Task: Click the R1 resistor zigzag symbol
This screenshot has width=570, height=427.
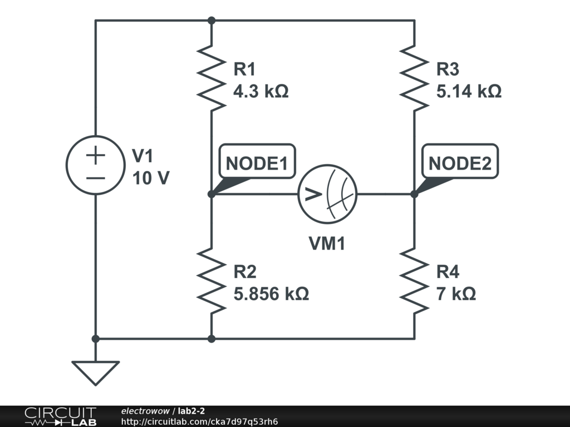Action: pos(211,78)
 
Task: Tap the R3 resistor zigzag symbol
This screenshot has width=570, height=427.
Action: pos(414,78)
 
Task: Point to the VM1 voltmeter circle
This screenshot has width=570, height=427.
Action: pos(327,194)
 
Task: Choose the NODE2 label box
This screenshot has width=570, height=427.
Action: pos(460,163)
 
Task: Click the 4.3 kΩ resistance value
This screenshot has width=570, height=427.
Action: pos(261,91)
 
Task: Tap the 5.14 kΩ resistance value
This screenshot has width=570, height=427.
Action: pos(469,91)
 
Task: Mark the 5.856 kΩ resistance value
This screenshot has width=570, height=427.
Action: pos(271,293)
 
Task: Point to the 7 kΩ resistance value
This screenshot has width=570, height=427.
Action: pos(456,293)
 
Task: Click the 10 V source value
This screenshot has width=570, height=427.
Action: pos(151,178)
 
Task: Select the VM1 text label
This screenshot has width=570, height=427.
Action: pos(327,243)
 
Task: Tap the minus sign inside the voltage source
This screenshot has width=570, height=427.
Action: pos(95,178)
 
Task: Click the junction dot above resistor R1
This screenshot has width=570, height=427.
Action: pos(211,21)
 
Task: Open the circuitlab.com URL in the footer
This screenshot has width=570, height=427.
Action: pos(199,421)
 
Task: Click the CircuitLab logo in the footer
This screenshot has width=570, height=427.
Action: pos(60,416)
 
